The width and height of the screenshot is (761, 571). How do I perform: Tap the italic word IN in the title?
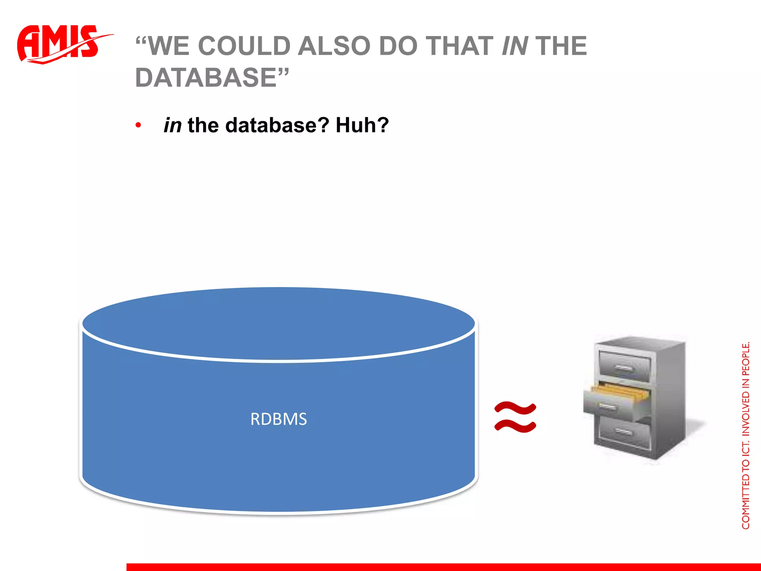515,46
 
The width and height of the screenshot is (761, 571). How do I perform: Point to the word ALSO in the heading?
334,46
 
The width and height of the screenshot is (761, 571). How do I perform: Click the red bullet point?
138,125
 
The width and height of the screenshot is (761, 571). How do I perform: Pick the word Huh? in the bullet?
362,125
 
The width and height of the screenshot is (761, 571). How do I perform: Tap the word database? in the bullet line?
277,125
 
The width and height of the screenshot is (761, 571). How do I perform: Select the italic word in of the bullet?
172,125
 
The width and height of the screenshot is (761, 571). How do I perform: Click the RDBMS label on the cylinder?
279,419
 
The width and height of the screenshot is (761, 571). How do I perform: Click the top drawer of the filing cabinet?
625,366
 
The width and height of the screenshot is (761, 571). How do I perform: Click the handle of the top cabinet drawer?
624,369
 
